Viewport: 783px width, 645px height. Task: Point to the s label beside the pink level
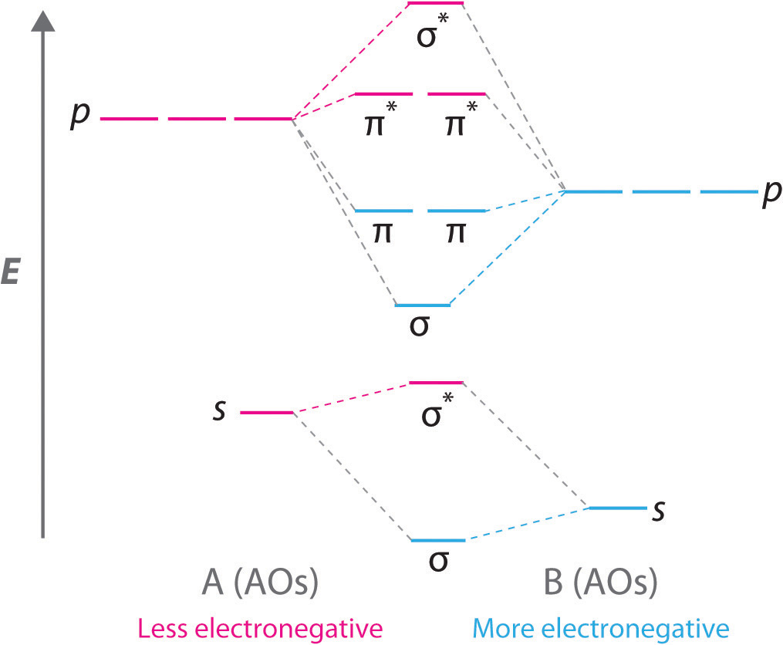click(220, 410)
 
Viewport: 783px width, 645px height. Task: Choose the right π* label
click(458, 124)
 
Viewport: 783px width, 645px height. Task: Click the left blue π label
click(380, 232)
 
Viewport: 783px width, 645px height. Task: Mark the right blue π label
click(455, 232)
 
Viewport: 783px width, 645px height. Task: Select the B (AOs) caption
click(601, 585)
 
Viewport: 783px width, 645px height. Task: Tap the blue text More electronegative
click(600, 627)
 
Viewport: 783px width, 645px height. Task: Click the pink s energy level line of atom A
click(267, 413)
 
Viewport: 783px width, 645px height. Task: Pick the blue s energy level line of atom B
click(616, 508)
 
